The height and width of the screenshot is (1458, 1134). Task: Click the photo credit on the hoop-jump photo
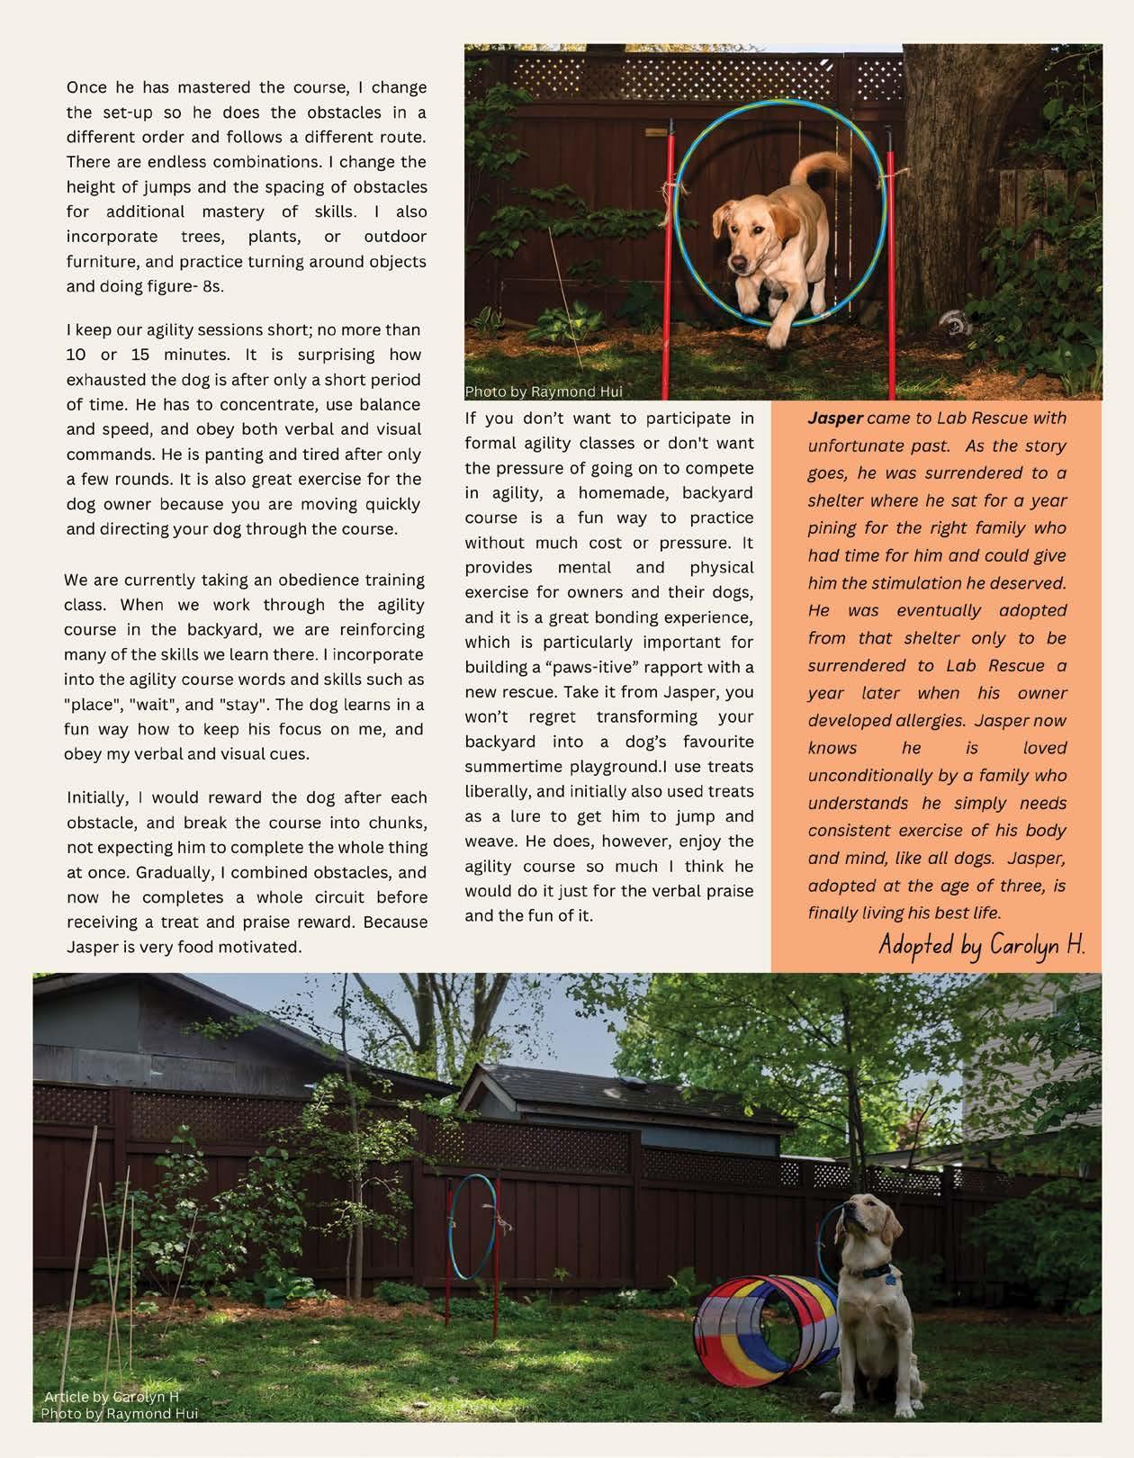(543, 391)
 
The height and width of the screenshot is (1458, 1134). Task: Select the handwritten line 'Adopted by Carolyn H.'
(982, 945)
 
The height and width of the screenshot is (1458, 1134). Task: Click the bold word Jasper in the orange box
(834, 418)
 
